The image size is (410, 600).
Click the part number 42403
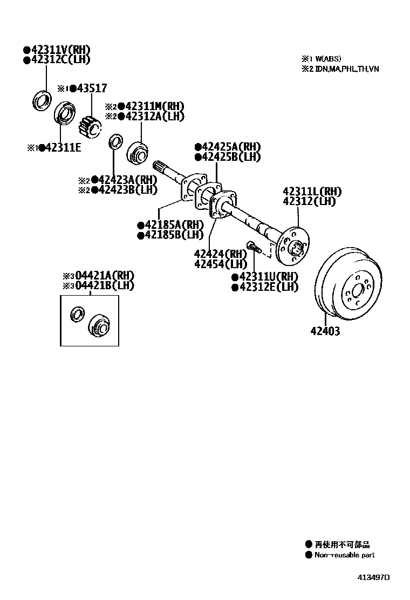pyautogui.click(x=325, y=331)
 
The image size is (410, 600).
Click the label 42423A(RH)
pyautogui.click(x=127, y=180)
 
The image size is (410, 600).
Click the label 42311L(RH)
pyautogui.click(x=312, y=192)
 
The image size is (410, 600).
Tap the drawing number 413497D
pyautogui.click(x=372, y=577)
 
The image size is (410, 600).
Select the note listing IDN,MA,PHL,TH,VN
pyautogui.click(x=340, y=69)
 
